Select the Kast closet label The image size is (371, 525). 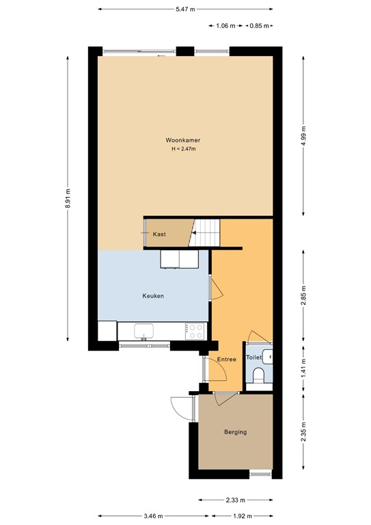[x=159, y=234]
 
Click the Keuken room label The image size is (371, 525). [x=153, y=296]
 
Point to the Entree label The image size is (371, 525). [x=226, y=360]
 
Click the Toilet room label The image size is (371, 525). [x=253, y=358]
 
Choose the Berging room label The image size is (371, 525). [x=235, y=432]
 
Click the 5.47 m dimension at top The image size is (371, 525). [x=185, y=10]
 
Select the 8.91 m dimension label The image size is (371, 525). [x=68, y=199]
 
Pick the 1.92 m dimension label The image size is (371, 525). [x=244, y=516]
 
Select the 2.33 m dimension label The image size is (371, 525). [x=235, y=500]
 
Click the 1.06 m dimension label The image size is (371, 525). [x=225, y=26]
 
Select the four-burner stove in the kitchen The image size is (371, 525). [x=195, y=331]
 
